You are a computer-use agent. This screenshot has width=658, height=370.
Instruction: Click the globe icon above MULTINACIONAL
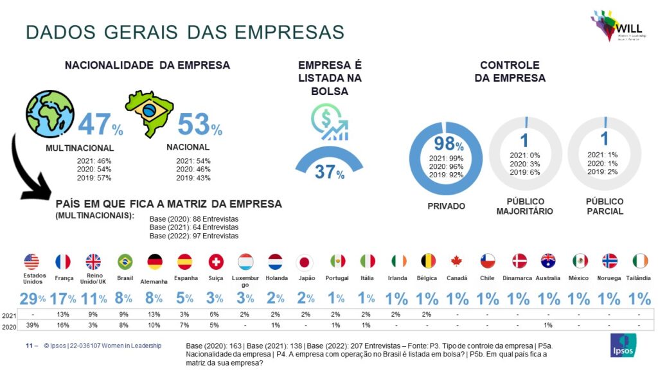(49, 113)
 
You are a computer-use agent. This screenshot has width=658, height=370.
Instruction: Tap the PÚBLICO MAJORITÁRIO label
(525, 206)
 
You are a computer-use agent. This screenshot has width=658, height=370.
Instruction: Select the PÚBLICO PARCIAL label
(604, 206)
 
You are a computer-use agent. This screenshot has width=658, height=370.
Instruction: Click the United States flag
(31, 261)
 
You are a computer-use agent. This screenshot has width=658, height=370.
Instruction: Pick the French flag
(63, 261)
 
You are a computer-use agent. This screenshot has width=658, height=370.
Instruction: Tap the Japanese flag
(305, 261)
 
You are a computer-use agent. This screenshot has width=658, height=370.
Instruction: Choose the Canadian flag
(458, 261)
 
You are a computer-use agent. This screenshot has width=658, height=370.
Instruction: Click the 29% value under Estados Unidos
(31, 298)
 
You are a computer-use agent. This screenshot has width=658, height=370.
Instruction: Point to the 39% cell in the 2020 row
(31, 326)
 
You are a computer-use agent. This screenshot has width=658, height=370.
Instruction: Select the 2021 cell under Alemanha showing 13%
(155, 315)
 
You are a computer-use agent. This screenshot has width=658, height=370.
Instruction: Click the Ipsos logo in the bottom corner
(622, 345)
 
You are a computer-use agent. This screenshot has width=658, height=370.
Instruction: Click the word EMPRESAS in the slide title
(289, 31)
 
